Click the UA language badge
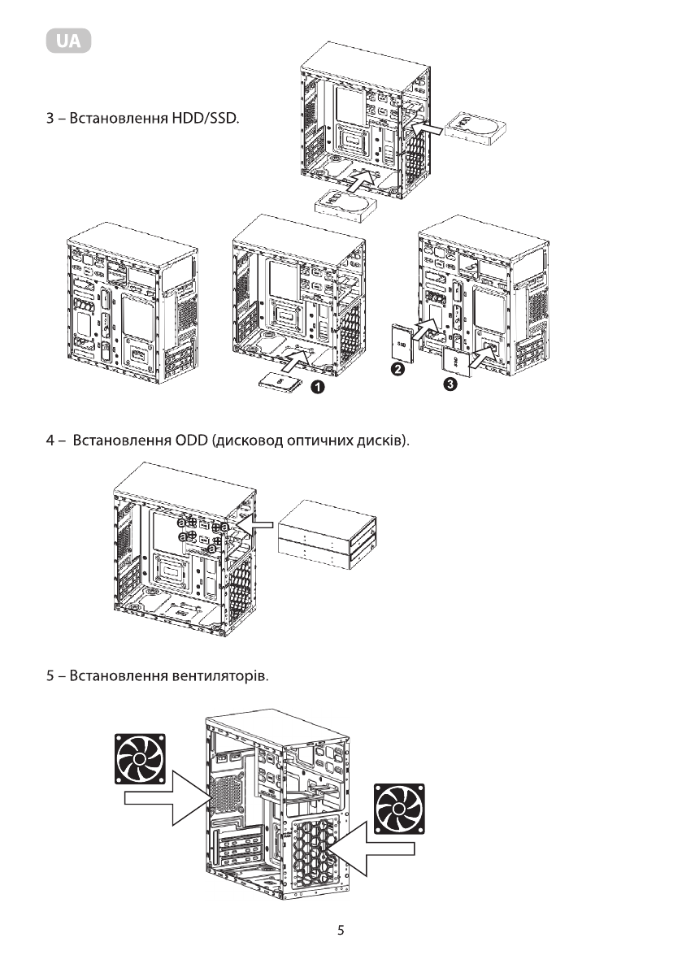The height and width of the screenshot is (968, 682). pyautogui.click(x=68, y=41)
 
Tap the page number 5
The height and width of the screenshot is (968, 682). pyautogui.click(x=341, y=931)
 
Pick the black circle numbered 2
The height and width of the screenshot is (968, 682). pyautogui.click(x=399, y=370)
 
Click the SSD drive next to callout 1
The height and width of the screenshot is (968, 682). pyautogui.click(x=280, y=381)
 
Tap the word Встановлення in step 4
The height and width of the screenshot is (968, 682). pyautogui.click(x=120, y=441)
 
